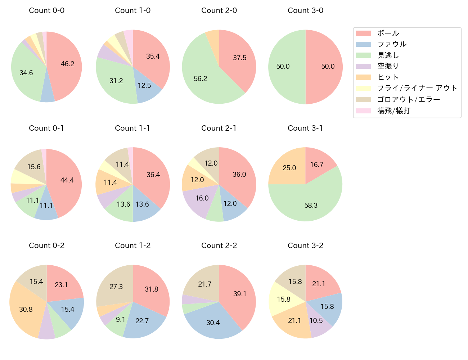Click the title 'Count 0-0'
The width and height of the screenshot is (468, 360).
[x=46, y=10]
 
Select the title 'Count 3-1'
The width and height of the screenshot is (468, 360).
[x=305, y=128]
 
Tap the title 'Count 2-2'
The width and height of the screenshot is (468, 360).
[x=219, y=246]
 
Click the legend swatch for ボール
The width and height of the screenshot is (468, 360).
[x=363, y=33]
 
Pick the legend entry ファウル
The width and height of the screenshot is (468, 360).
[x=392, y=44]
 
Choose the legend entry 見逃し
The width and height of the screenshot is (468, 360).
[x=388, y=55]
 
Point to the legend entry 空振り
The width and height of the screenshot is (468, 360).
[x=388, y=66]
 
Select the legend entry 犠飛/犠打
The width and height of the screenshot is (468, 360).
[x=393, y=111]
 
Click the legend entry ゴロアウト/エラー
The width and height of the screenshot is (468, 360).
[x=408, y=99]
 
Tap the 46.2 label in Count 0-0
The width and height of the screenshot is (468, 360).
[x=67, y=64]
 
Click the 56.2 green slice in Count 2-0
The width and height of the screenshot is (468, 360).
[x=201, y=78]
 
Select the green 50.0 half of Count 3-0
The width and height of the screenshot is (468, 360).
[x=283, y=67]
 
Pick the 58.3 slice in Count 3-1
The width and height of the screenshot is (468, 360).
[x=311, y=205]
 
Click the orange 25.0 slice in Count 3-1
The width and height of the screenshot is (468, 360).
[x=289, y=168]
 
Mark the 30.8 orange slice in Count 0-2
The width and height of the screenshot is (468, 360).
[x=26, y=309]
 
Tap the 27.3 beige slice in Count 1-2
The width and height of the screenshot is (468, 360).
[x=116, y=287]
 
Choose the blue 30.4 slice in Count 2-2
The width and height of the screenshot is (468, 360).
[x=213, y=323]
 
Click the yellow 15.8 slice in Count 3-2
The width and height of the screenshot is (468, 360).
[x=283, y=299]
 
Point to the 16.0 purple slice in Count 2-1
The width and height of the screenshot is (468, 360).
[x=202, y=198]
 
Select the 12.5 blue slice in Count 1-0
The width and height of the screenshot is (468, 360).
[x=144, y=86]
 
